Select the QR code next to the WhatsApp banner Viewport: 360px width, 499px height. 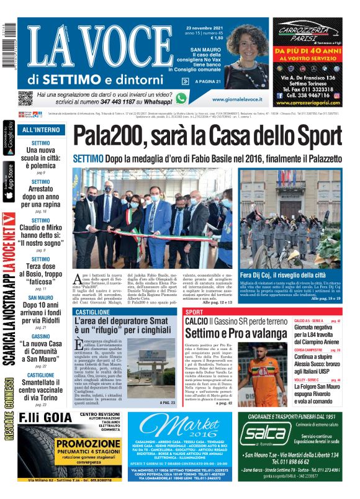click(x=25, y=98)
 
